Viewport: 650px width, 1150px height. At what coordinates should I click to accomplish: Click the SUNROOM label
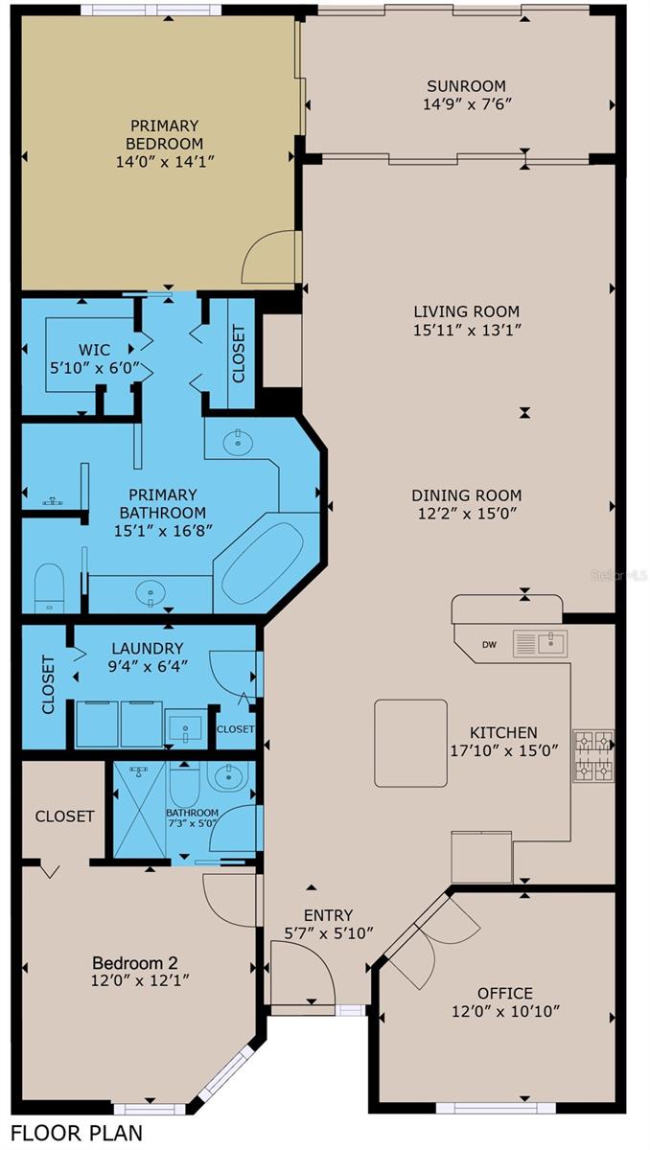click(466, 85)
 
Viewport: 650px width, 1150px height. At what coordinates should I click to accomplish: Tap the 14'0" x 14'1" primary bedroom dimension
click(164, 162)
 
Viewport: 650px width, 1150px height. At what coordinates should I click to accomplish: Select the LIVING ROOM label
click(467, 311)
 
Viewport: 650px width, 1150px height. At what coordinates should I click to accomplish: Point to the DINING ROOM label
click(467, 494)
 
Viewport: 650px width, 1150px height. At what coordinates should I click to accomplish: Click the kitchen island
click(410, 743)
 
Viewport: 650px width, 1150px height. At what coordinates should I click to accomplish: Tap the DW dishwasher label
click(489, 645)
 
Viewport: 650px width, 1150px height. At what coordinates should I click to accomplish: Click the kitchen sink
click(540, 643)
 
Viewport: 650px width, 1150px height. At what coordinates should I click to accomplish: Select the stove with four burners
click(593, 756)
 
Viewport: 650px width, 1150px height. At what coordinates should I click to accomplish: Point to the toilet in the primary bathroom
click(49, 587)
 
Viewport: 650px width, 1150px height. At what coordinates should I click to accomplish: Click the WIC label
click(94, 350)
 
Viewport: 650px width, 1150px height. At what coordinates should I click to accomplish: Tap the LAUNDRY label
click(148, 649)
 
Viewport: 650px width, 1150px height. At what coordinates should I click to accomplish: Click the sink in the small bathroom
click(230, 777)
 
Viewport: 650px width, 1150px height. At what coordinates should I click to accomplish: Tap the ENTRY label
click(328, 915)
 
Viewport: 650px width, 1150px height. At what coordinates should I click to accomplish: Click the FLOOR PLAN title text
click(77, 1132)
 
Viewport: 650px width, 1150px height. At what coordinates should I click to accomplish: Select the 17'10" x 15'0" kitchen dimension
click(504, 750)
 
